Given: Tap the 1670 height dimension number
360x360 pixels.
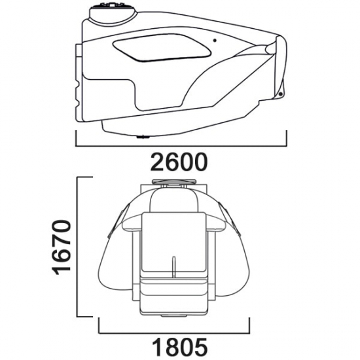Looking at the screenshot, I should point(60,248).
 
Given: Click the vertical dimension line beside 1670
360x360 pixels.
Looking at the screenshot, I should point(78,248).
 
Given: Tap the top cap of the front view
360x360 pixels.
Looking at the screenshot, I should point(173,183).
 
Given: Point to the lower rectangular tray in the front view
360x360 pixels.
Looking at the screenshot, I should point(173,288).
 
